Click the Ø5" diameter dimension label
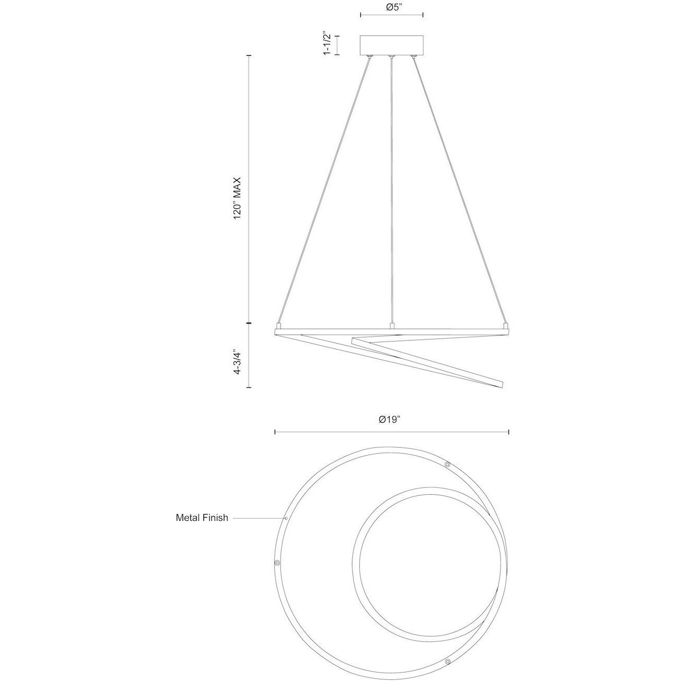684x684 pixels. point(392,7)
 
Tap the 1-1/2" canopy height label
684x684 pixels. point(327,43)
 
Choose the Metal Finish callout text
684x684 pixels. point(202,518)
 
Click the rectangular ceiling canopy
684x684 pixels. point(392,45)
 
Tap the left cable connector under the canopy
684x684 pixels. point(370,56)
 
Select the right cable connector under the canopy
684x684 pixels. point(413,56)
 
